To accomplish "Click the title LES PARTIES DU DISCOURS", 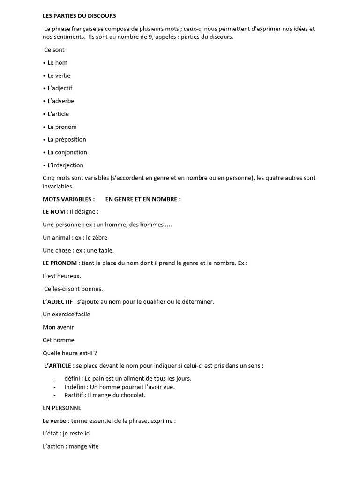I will click(79, 16).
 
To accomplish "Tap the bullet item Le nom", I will click(57, 63).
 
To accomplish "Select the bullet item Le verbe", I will click(59, 75).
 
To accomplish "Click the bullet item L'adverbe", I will click(60, 101).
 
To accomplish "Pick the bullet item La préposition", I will click(67, 140).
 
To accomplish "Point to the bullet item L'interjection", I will click(65, 165).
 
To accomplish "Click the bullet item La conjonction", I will click(67, 152).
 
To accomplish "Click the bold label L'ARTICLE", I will click(58, 366).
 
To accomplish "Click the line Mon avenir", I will click(58, 327).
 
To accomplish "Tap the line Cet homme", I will click(58, 340).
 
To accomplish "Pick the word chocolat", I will click(133, 395).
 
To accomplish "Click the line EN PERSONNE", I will click(61, 408).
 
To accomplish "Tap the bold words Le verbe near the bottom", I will click(55, 421).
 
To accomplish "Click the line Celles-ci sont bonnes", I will click(74, 289).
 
